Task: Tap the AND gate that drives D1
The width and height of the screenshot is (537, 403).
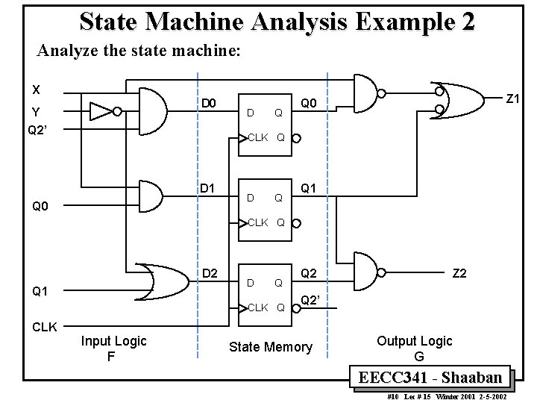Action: tap(151, 196)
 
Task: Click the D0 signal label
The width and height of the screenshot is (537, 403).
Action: tap(210, 102)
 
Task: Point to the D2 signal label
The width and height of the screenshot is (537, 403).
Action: tap(210, 274)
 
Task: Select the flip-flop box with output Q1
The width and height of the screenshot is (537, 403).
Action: tap(266, 209)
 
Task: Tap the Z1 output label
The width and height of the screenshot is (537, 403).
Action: tap(514, 99)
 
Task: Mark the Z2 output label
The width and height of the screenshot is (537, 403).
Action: tap(459, 274)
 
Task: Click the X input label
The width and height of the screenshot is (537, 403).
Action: tap(36, 90)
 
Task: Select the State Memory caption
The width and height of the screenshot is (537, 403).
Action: tap(270, 347)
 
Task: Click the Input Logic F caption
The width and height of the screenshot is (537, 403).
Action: tap(113, 349)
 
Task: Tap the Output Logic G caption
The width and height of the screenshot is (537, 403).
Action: tap(415, 349)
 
